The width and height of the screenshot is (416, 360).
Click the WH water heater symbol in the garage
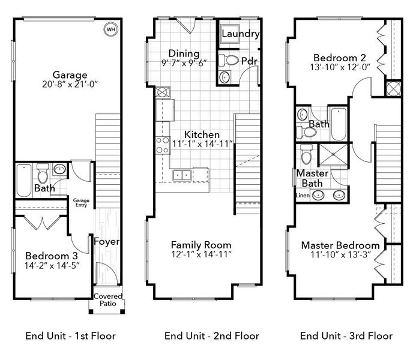(110, 28)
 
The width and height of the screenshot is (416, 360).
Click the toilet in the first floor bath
(43, 176)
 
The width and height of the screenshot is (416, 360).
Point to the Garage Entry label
(81, 203)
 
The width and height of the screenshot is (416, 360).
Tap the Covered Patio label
(108, 299)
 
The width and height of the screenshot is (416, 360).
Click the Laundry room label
(240, 34)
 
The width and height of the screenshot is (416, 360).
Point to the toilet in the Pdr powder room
(229, 60)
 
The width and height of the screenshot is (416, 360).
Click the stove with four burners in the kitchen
(163, 145)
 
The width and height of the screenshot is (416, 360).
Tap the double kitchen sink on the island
(181, 175)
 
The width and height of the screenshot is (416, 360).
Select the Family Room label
(201, 245)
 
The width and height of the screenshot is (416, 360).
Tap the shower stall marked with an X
(329, 155)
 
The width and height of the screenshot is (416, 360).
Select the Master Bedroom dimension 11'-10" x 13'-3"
(340, 256)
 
